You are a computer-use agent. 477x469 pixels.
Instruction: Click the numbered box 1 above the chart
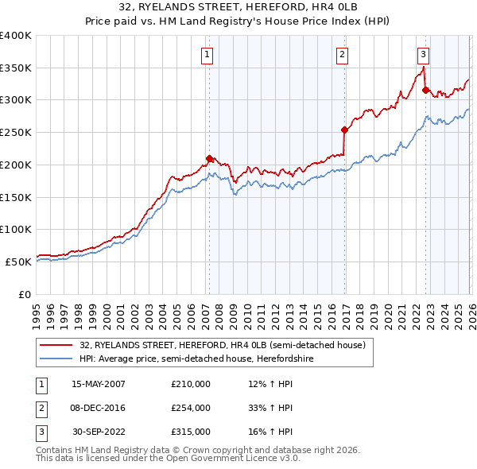(207, 55)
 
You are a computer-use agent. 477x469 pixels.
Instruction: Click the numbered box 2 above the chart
(342, 55)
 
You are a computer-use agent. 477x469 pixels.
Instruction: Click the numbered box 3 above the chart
(423, 55)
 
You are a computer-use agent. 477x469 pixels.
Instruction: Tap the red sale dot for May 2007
(209, 158)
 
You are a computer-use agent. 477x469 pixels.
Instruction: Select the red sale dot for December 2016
(344, 130)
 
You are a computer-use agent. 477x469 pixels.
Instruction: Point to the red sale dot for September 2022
(425, 90)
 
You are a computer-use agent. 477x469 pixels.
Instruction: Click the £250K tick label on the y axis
(16, 133)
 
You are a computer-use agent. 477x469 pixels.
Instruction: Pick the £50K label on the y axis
(19, 262)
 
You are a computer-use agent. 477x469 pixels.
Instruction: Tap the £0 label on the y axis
(25, 294)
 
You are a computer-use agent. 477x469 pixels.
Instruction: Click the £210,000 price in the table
(190, 383)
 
